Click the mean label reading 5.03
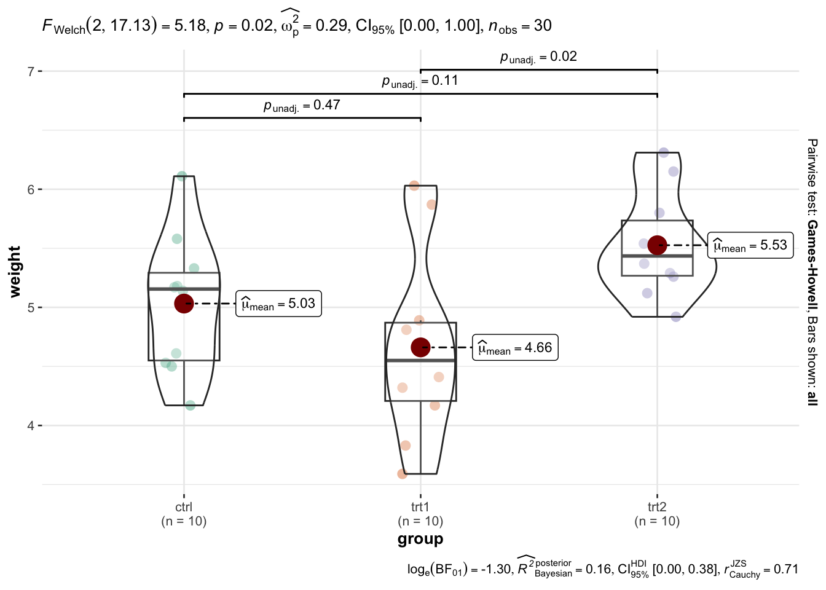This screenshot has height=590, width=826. coord(278,304)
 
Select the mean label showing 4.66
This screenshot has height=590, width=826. coord(515,348)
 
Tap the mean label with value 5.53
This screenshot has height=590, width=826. coord(750,245)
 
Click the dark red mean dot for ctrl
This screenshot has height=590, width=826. coord(184,304)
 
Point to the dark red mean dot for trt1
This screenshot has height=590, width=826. coord(421,347)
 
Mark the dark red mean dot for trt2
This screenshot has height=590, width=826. coord(657,245)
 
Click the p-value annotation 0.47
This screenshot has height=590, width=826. coord(302,106)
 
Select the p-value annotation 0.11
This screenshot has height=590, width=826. coord(420,82)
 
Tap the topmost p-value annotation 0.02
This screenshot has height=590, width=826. coord(538,57)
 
